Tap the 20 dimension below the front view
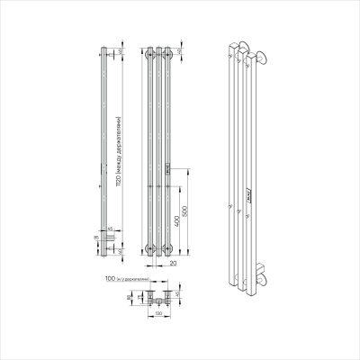[171, 265]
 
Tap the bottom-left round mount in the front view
[148, 248]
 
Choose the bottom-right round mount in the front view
[170, 248]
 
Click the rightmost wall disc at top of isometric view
[260, 59]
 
